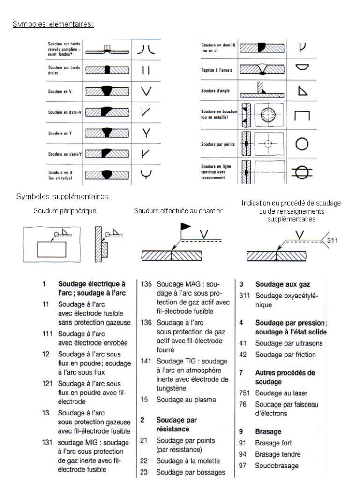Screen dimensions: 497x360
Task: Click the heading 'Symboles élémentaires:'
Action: click(53, 24)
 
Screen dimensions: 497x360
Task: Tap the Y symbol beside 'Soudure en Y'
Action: click(147, 133)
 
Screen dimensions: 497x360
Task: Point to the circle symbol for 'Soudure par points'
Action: click(302, 144)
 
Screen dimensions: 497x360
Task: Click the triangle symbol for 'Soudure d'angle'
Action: click(302, 90)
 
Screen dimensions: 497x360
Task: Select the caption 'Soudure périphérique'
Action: click(65, 211)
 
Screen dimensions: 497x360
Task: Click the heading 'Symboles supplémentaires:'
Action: click(63, 196)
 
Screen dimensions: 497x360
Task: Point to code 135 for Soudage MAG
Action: click(147, 285)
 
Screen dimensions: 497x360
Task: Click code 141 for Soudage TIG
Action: click(147, 362)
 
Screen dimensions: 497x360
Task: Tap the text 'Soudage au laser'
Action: click(281, 393)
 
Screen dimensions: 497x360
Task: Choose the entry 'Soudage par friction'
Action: click(285, 355)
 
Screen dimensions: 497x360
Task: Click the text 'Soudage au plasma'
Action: click(186, 400)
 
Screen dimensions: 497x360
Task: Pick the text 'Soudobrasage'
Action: click(277, 466)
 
